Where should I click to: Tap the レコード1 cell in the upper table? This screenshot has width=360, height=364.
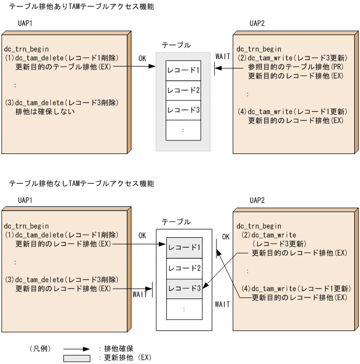[183, 70]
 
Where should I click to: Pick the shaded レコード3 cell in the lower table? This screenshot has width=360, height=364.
[183, 288]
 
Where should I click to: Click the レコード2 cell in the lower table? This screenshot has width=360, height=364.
[183, 268]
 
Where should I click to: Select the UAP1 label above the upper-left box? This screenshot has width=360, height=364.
[26, 24]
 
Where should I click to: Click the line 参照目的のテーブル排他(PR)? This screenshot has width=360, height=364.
[295, 67]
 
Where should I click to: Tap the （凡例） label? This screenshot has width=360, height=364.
[39, 348]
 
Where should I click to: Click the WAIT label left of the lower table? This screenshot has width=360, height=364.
[140, 294]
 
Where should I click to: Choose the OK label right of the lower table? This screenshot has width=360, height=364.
[226, 237]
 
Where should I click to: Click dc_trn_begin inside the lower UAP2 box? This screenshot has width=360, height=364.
[259, 226]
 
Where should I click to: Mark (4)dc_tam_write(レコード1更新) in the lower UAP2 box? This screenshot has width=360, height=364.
[299, 289]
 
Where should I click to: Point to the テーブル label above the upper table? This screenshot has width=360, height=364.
[176, 46]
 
